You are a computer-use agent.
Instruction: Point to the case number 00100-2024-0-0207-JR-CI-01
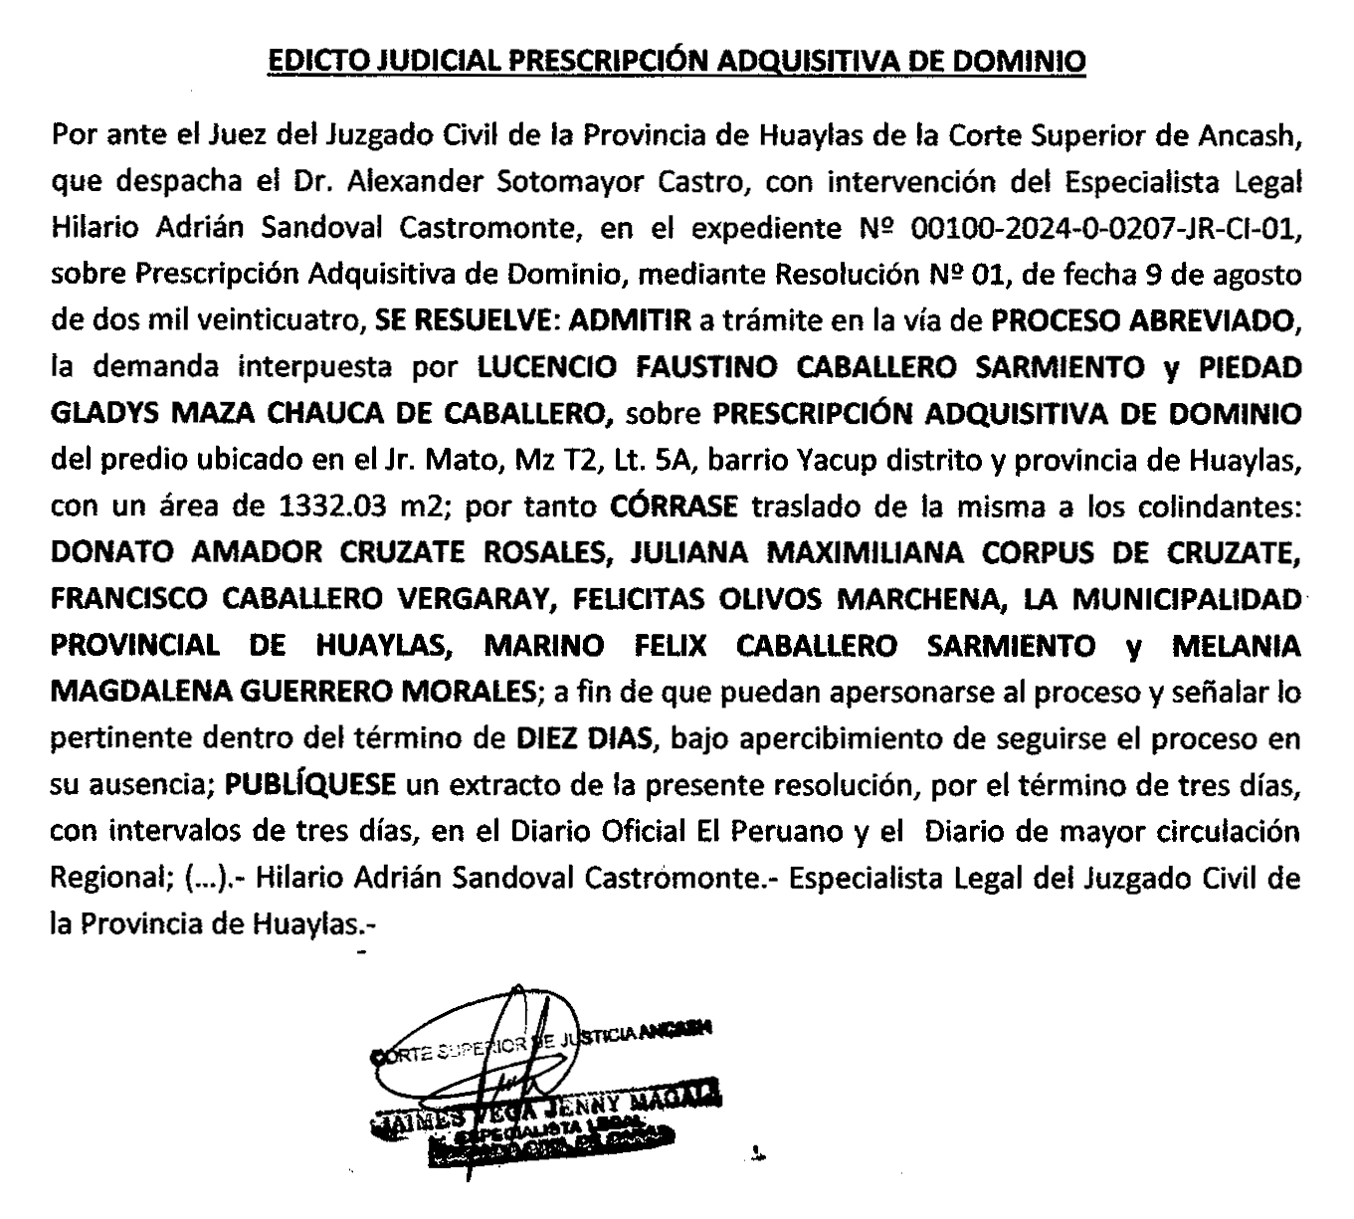(1104, 230)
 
